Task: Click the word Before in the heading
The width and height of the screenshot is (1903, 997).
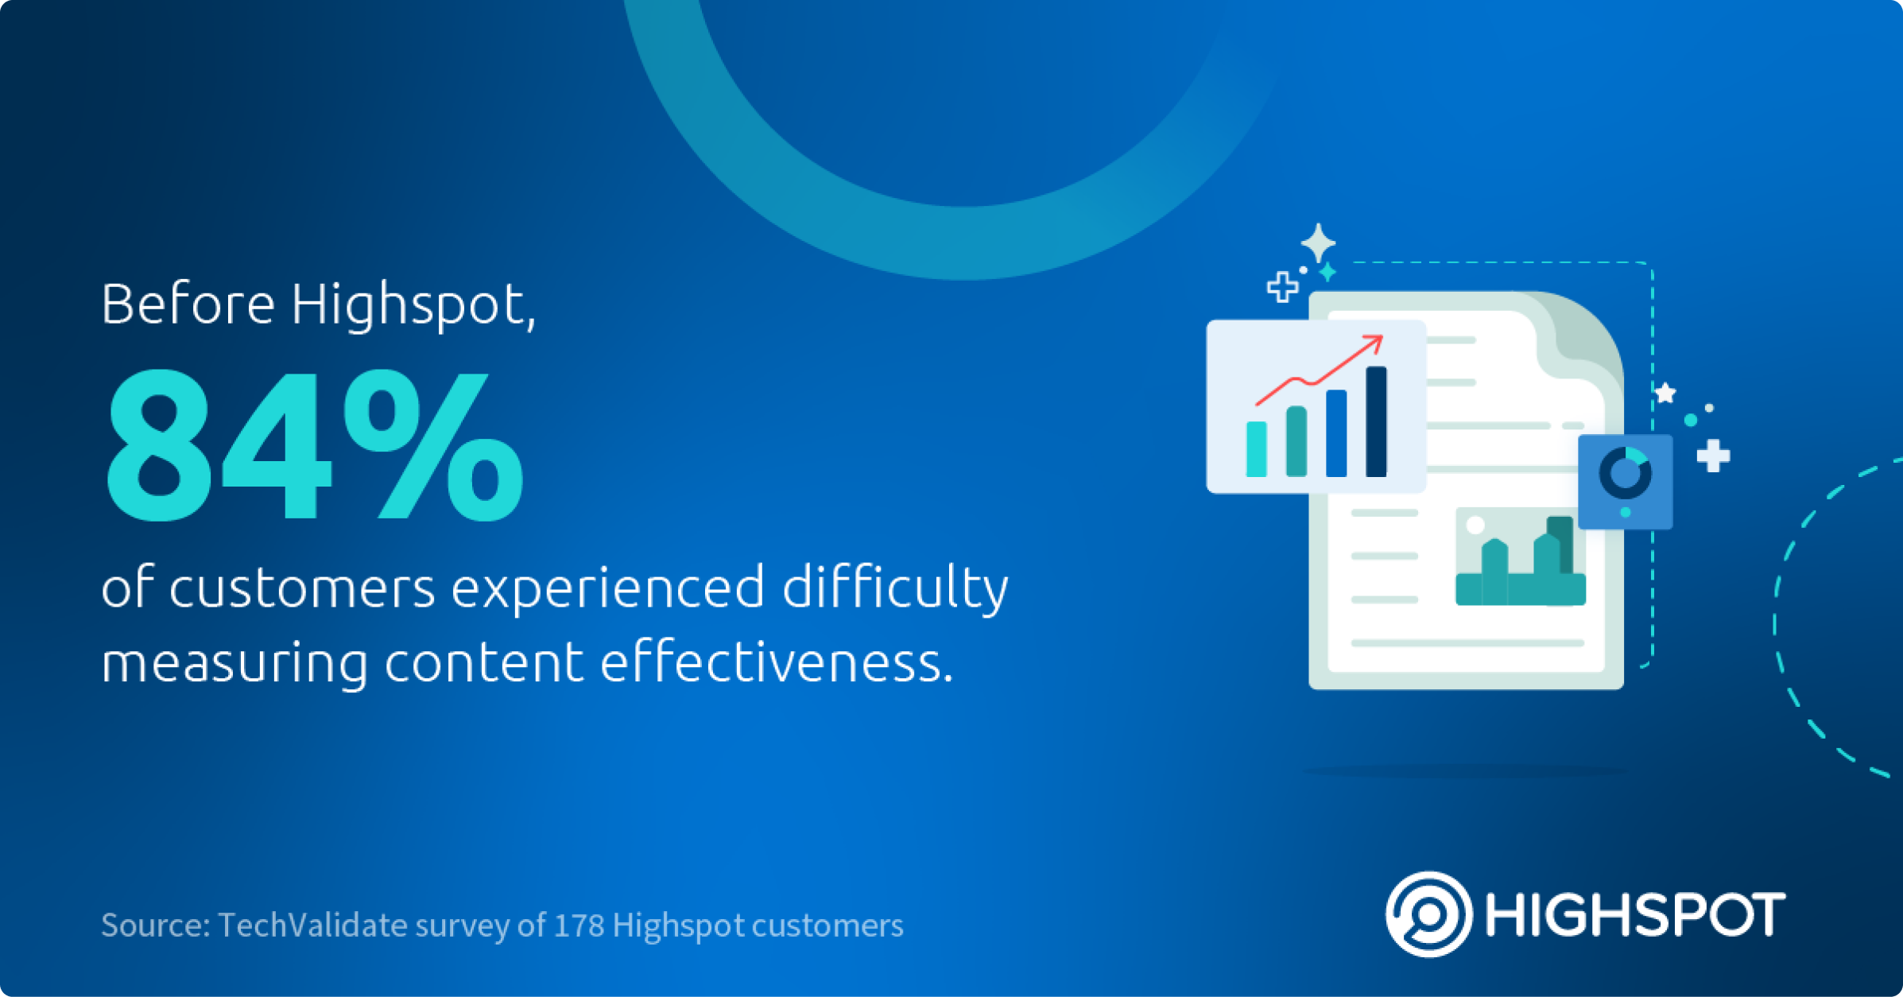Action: click(188, 304)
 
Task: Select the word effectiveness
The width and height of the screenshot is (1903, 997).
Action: click(776, 663)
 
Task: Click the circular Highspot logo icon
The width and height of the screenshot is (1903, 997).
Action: click(1428, 914)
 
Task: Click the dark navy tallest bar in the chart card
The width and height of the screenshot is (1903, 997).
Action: click(1376, 421)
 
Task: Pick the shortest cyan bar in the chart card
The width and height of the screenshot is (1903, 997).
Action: click(1256, 449)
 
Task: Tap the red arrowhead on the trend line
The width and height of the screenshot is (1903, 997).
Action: click(1374, 343)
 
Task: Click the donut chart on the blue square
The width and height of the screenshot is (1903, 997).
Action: click(1625, 473)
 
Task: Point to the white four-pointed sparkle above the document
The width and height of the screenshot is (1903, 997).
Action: click(1318, 242)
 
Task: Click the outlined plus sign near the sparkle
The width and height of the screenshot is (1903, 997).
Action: click(1282, 287)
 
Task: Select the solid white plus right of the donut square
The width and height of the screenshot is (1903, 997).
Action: click(1713, 456)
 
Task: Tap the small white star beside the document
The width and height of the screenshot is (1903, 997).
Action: click(1665, 393)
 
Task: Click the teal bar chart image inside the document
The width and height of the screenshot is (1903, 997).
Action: click(1520, 557)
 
